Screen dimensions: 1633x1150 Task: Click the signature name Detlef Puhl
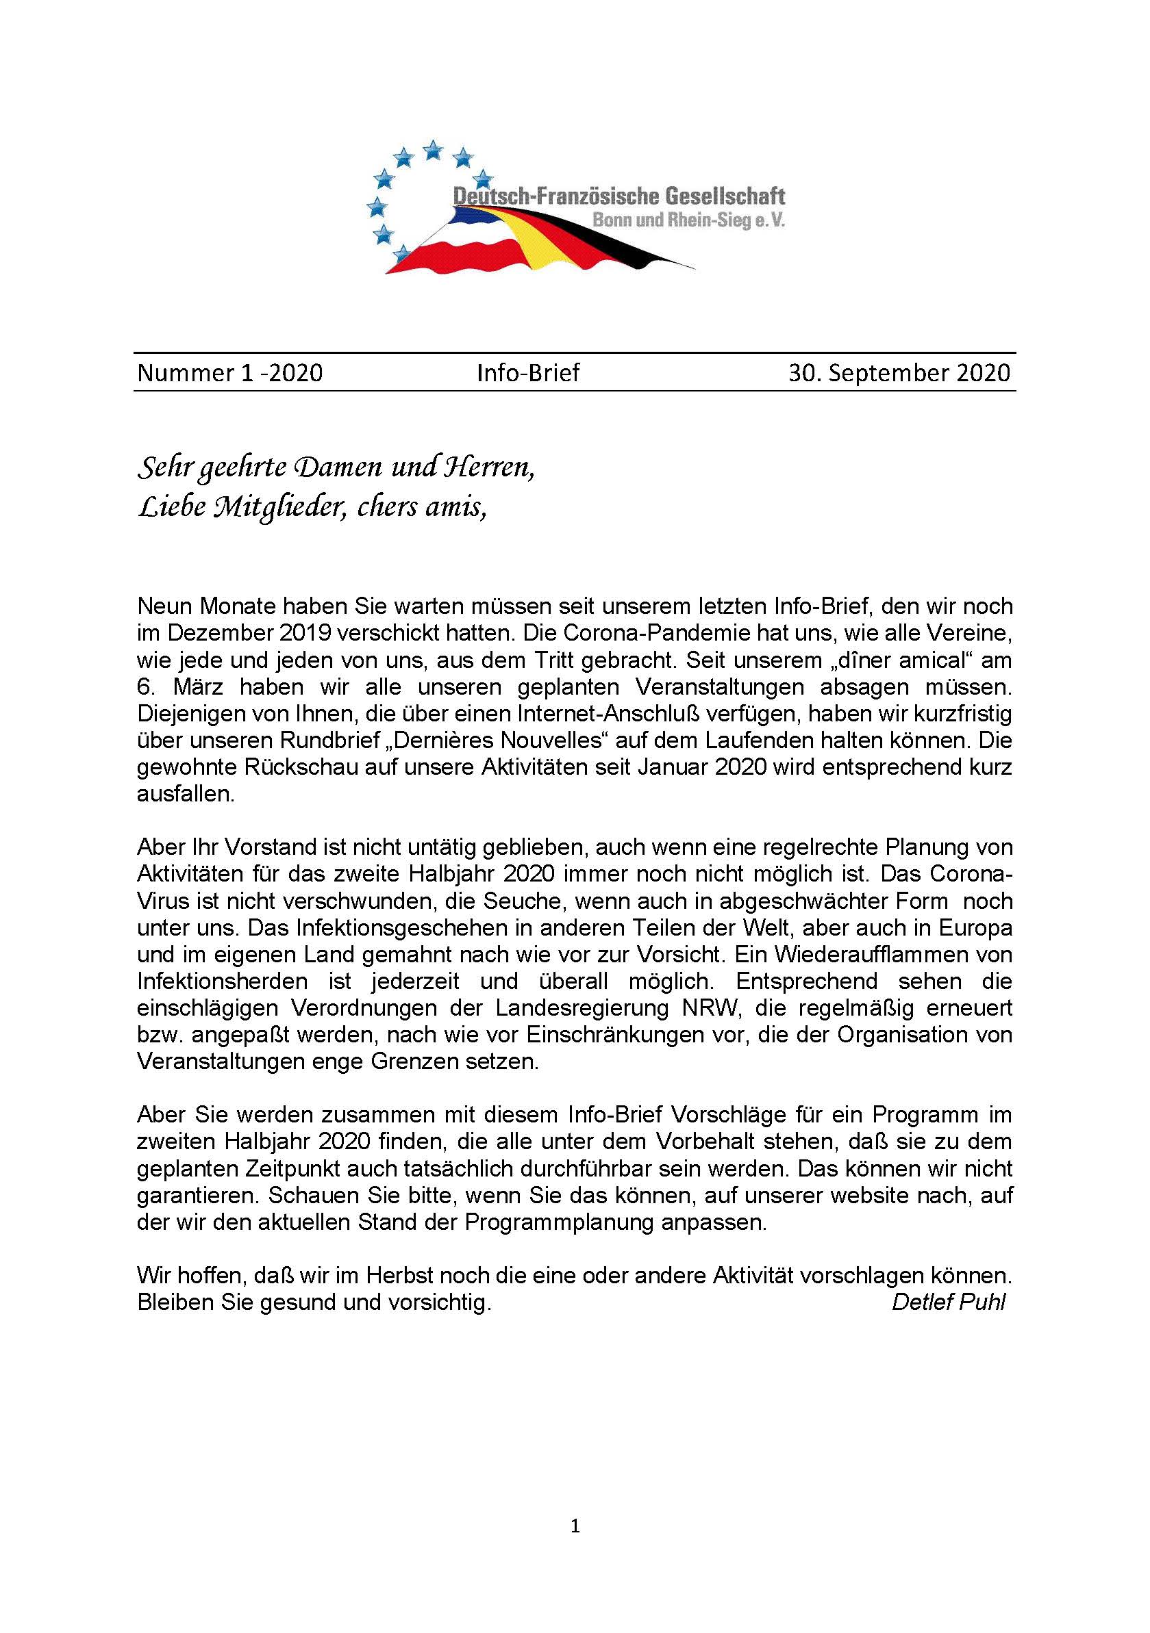[948, 1302]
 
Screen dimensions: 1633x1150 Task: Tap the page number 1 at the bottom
[576, 1526]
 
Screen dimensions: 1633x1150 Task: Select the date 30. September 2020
[899, 373]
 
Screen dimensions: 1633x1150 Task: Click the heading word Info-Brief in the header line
[528, 373]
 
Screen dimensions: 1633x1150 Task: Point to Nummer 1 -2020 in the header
[230, 373]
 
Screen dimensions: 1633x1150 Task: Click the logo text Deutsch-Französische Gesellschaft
[619, 196]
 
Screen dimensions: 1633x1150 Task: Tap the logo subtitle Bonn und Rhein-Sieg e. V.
[689, 221]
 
